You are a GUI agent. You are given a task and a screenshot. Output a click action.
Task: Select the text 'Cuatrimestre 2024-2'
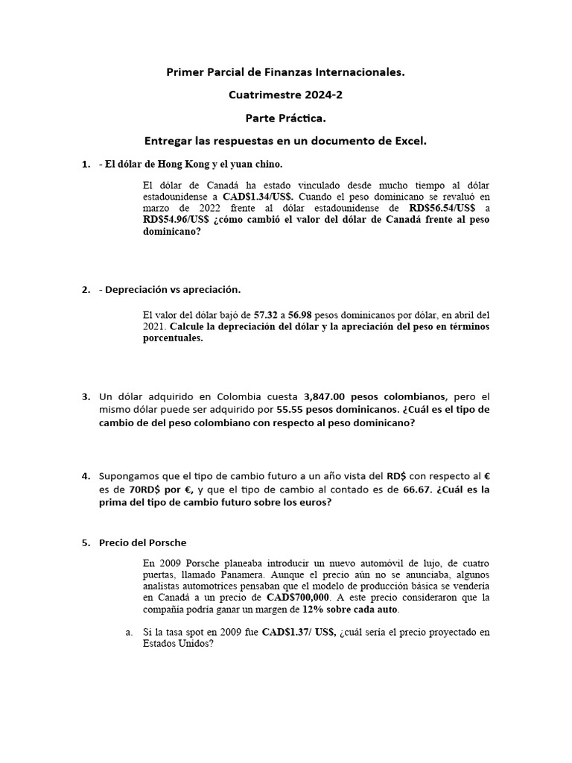(x=285, y=95)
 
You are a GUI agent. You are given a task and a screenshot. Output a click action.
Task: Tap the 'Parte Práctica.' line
(x=285, y=118)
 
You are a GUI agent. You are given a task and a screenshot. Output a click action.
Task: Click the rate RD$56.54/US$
(x=444, y=208)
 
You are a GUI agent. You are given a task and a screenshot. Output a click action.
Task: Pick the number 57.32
(x=267, y=315)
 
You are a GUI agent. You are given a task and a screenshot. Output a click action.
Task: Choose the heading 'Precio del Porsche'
(x=142, y=542)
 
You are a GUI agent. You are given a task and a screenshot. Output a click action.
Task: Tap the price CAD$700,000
(x=298, y=598)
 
